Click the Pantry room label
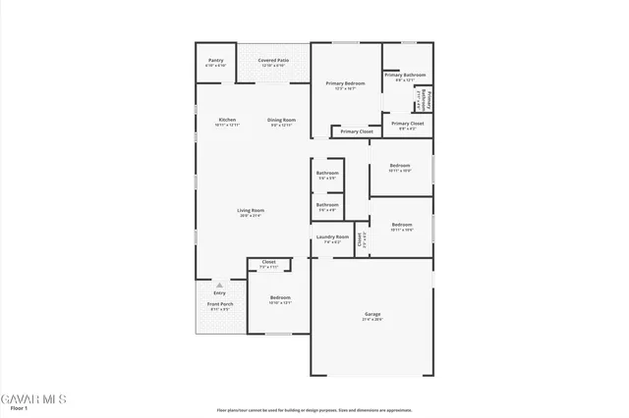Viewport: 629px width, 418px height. click(x=215, y=61)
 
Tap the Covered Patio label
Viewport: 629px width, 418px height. click(x=272, y=61)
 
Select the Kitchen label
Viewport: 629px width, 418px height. click(x=227, y=120)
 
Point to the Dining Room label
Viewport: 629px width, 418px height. click(x=281, y=120)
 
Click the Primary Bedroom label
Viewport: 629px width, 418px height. click(x=345, y=83)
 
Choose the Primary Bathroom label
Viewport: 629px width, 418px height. click(x=404, y=75)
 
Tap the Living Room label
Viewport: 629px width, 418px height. click(x=251, y=210)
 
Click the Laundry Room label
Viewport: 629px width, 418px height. click(x=331, y=236)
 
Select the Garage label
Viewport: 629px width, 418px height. click(x=372, y=314)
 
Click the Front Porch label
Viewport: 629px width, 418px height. click(x=219, y=304)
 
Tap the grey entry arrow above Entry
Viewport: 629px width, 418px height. click(x=219, y=285)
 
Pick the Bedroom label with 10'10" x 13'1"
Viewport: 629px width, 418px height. click(x=280, y=297)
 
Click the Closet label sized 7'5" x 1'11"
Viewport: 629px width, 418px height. click(x=268, y=262)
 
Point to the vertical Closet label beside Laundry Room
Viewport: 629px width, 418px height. click(x=360, y=238)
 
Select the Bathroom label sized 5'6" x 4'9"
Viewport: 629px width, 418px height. click(x=327, y=205)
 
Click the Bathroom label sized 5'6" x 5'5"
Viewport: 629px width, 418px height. click(x=327, y=173)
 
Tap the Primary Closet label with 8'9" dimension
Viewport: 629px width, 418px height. click(x=407, y=124)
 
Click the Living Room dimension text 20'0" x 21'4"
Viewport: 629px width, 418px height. click(x=251, y=216)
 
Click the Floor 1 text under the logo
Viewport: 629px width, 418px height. click(x=17, y=408)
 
